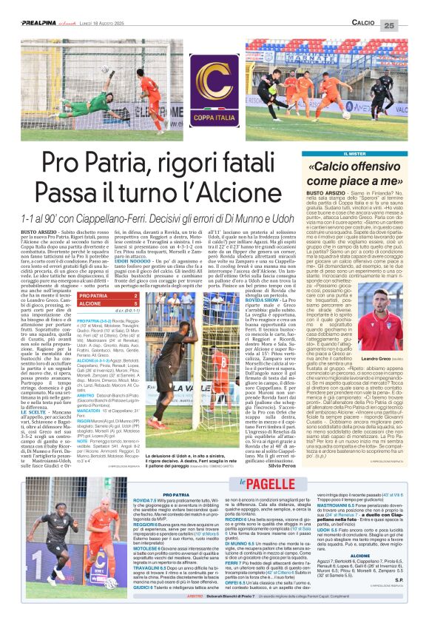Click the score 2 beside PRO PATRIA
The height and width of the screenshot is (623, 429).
point(139,294)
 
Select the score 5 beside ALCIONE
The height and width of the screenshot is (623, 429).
point(139,303)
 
